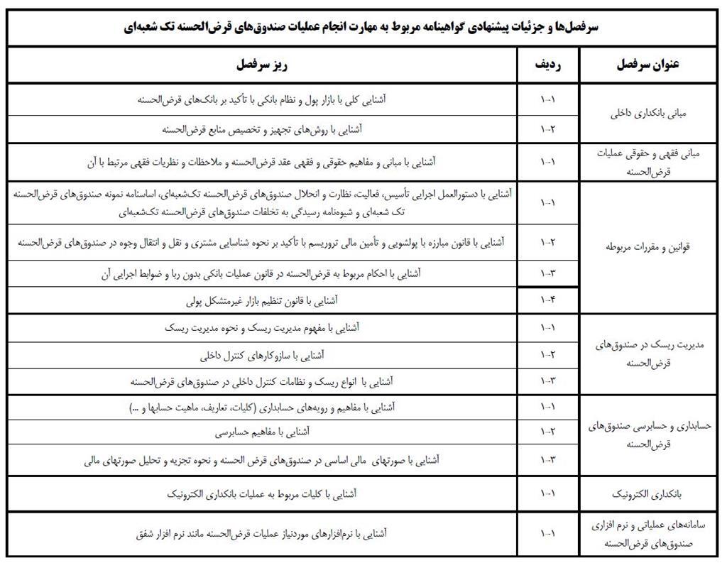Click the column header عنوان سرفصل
click(x=650, y=65)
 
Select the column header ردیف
click(x=547, y=65)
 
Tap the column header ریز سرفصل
click(x=262, y=65)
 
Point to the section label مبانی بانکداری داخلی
click(x=650, y=114)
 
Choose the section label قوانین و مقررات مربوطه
click(x=650, y=247)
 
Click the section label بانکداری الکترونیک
click(x=650, y=493)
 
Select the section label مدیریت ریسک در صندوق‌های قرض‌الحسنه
click(x=650, y=353)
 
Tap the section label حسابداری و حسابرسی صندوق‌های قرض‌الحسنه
click(x=650, y=434)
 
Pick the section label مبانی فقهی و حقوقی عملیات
click(x=650, y=154)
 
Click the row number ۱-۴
click(x=547, y=300)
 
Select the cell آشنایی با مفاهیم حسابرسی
click(x=262, y=431)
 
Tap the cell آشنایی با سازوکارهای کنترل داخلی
click(x=262, y=354)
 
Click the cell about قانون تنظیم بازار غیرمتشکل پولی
click(x=262, y=300)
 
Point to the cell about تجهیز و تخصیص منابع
click(x=262, y=129)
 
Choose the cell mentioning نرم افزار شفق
click(x=262, y=532)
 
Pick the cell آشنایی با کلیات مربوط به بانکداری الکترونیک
click(x=262, y=493)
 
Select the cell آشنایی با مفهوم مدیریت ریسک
click(x=262, y=327)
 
